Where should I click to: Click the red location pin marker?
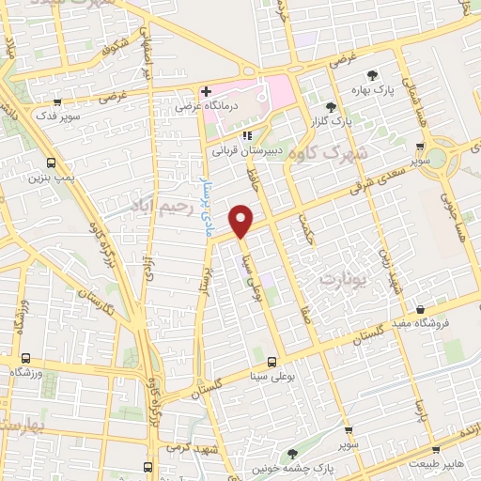[242, 220]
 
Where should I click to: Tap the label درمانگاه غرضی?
[206, 108]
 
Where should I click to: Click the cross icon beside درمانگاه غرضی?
[205, 91]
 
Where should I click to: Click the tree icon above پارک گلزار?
[329, 107]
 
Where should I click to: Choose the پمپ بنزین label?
[51, 176]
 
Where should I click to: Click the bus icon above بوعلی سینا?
[272, 361]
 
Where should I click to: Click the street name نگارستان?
[98, 309]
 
